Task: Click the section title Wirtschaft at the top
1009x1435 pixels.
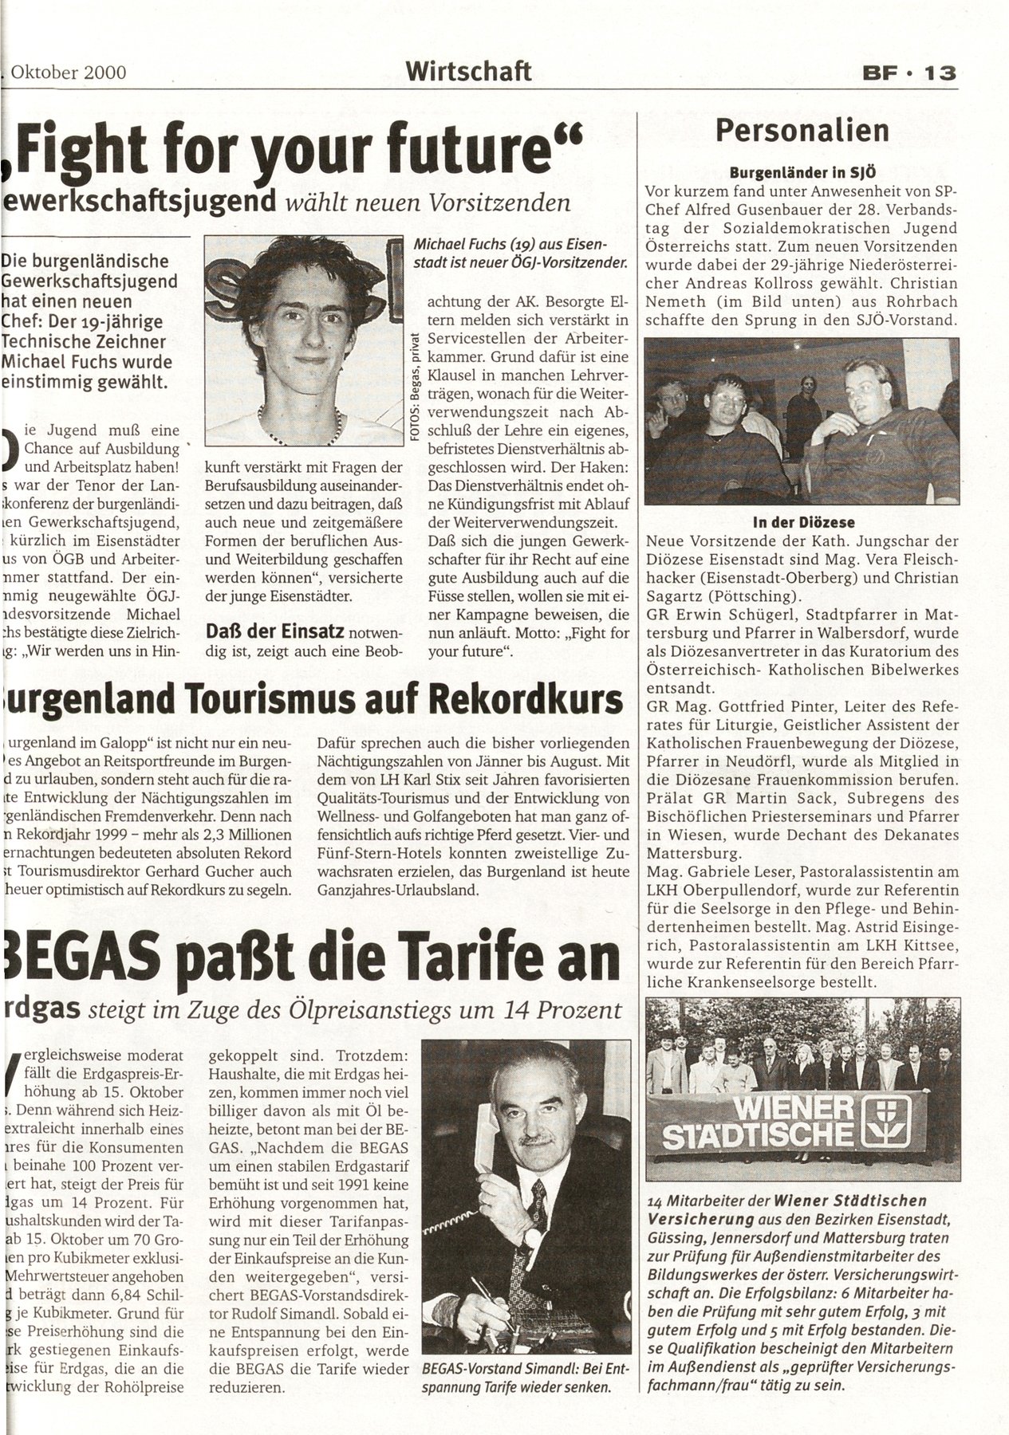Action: pos(468,72)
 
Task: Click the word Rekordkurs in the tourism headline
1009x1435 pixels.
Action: pos(526,699)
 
